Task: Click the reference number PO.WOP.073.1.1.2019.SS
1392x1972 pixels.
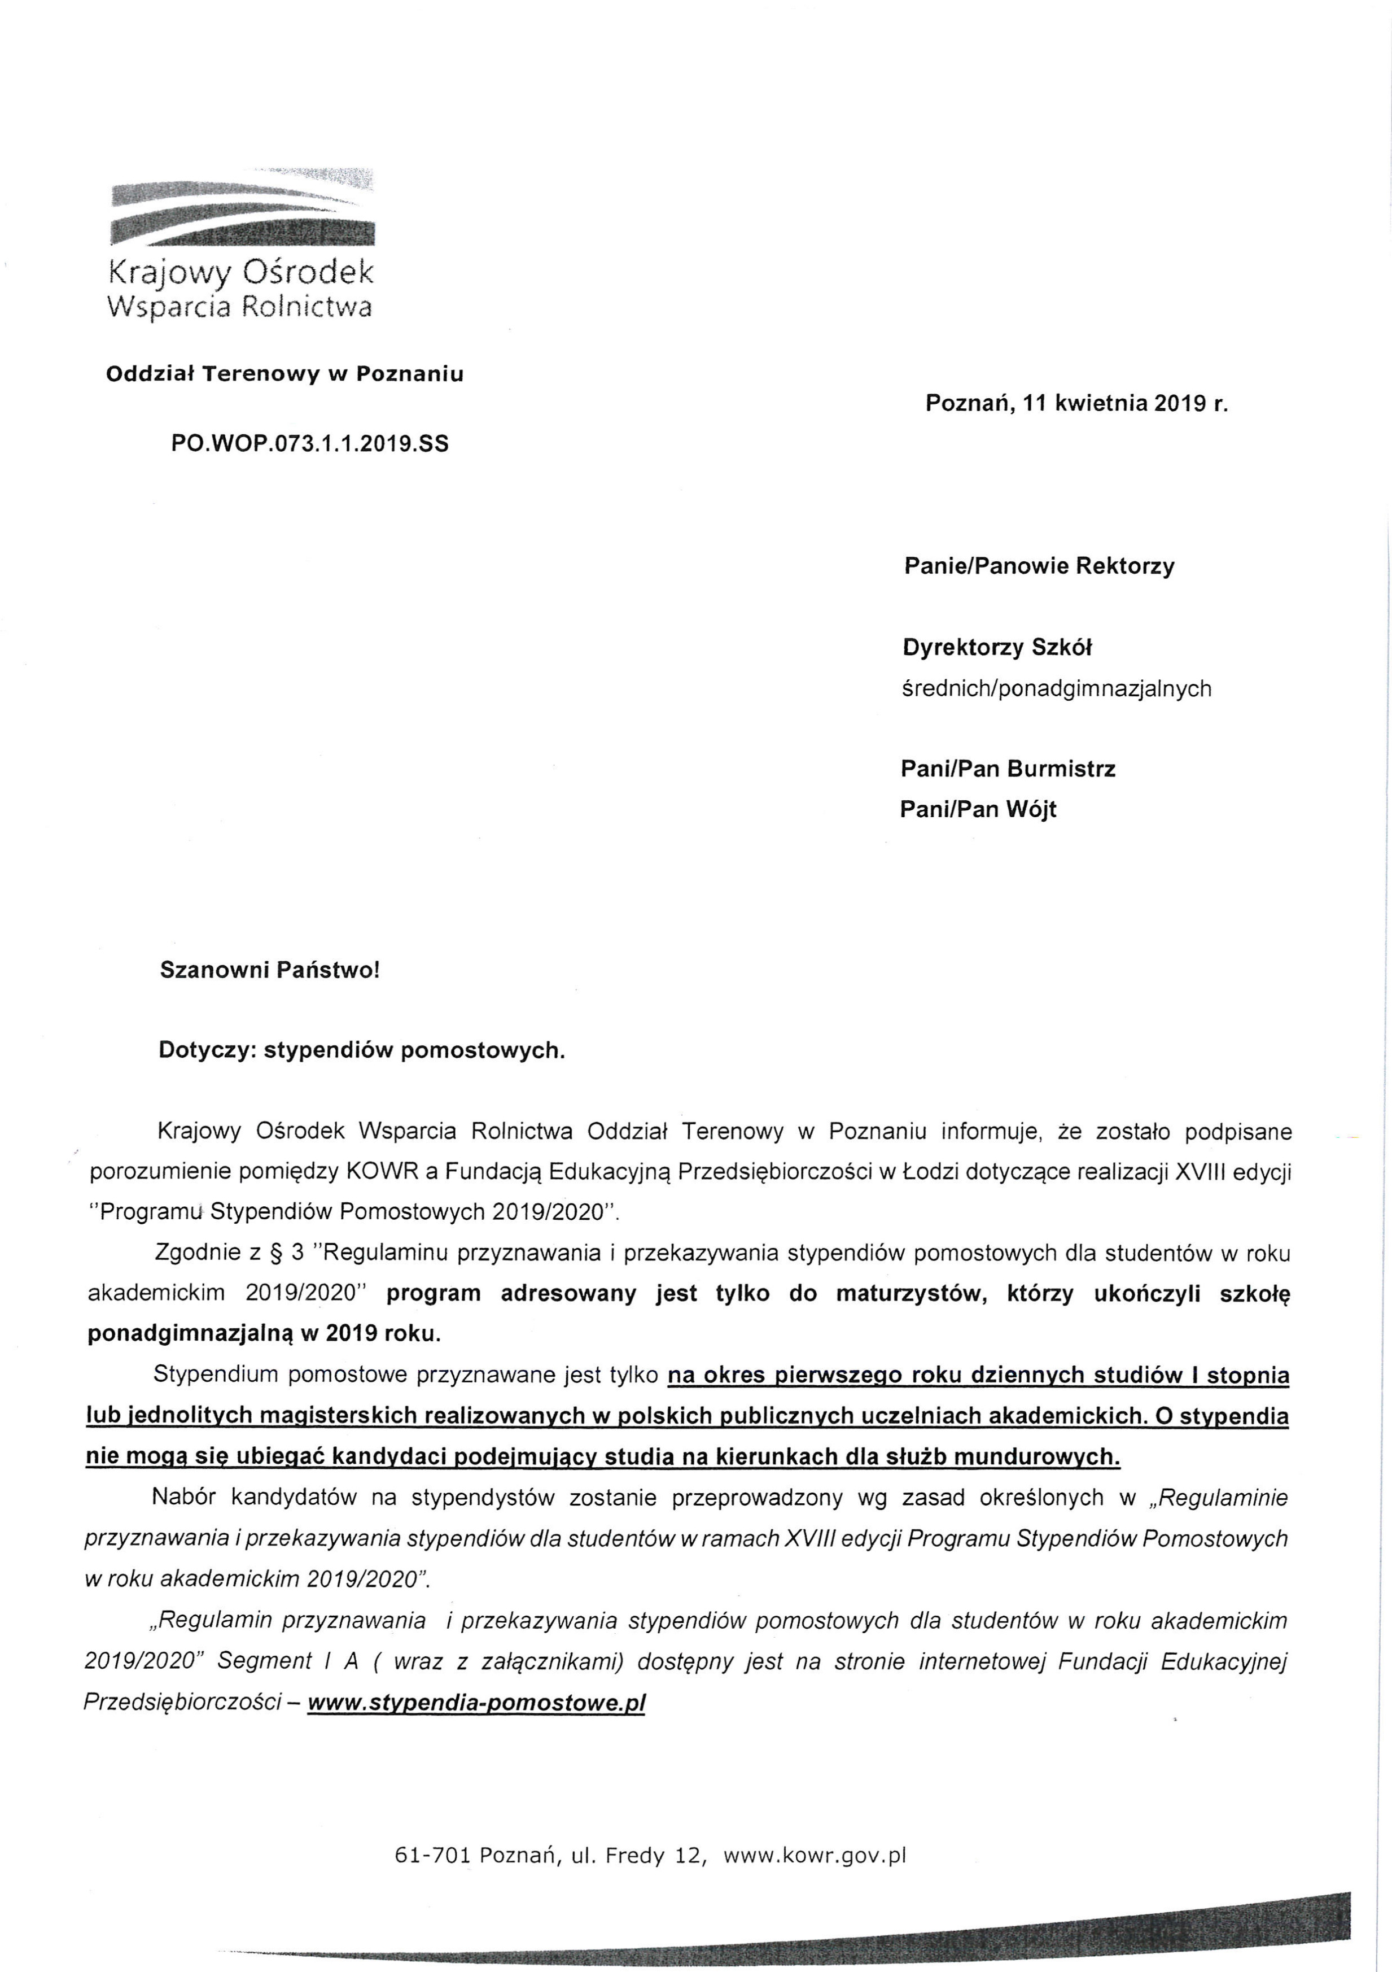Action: click(x=310, y=444)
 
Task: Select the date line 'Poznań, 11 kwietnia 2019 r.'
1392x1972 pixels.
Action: click(x=1076, y=404)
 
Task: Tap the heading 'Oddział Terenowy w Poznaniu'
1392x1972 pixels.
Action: click(x=284, y=374)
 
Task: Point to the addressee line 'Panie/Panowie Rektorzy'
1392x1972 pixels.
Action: click(x=1039, y=566)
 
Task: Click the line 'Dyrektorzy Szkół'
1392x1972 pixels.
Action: click(x=997, y=648)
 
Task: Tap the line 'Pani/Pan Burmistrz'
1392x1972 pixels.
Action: click(x=1007, y=769)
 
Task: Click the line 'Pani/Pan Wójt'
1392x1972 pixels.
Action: click(x=978, y=809)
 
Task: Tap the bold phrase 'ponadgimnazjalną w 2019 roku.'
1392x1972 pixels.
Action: click(x=265, y=1333)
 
